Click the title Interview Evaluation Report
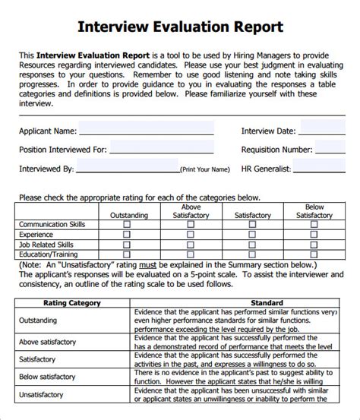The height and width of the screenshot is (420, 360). pyautogui.click(x=180, y=27)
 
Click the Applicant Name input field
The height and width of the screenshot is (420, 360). pyautogui.click(x=145, y=130)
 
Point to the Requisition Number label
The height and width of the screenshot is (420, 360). pyautogui.click(x=276, y=150)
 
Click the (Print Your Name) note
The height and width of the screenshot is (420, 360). pyautogui.click(x=204, y=169)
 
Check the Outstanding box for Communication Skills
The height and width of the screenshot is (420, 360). pyautogui.click(x=126, y=225)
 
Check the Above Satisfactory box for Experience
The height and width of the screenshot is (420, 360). pyautogui.click(x=190, y=235)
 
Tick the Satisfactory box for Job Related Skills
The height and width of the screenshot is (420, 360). pyautogui.click(x=252, y=245)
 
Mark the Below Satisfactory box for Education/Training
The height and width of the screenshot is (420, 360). pyautogui.click(x=314, y=254)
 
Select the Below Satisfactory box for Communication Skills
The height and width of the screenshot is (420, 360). pyautogui.click(x=314, y=225)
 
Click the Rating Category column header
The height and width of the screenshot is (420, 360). pyautogui.click(x=72, y=302)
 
